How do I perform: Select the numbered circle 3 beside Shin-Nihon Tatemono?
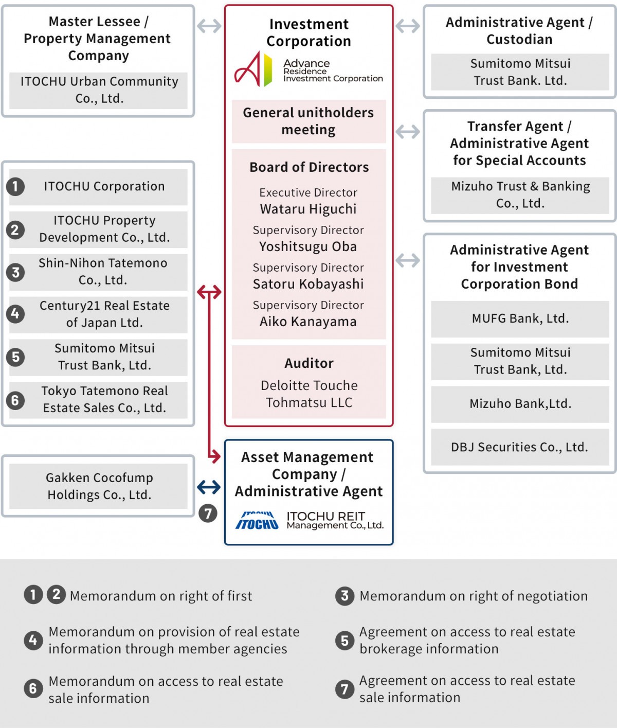click(15, 272)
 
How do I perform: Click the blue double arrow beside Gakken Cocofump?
click(209, 487)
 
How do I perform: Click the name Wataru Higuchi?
click(308, 209)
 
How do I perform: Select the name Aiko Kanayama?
click(308, 322)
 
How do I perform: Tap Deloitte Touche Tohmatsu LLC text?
click(308, 394)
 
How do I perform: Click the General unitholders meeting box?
click(308, 121)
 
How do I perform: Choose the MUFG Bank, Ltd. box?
click(520, 318)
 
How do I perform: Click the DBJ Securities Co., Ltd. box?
click(520, 447)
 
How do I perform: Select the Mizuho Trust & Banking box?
click(520, 195)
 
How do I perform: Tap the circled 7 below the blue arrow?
click(208, 513)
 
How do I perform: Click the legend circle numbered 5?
click(344, 641)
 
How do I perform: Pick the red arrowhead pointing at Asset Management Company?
click(216, 456)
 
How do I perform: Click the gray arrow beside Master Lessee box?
click(209, 26)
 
